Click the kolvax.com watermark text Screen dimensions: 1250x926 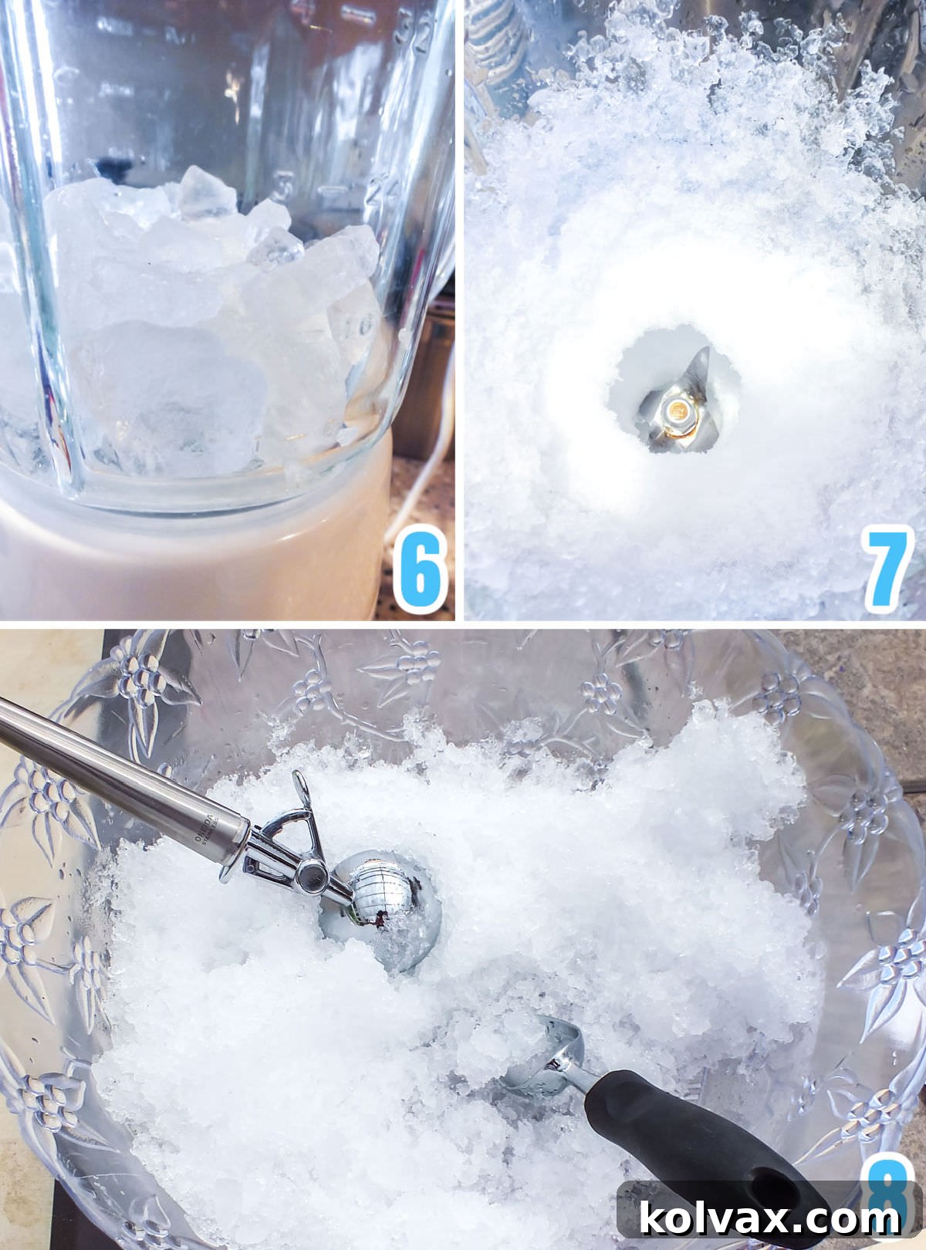tap(769, 1219)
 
